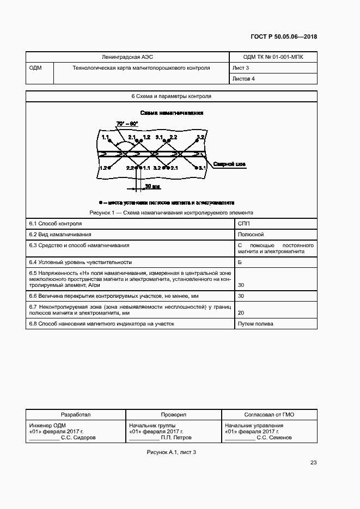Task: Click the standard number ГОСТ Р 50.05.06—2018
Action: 284,37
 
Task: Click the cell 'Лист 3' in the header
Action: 241,68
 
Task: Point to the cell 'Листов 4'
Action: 243,79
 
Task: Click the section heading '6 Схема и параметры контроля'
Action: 171,96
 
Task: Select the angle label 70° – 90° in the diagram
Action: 127,124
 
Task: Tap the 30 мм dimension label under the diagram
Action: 152,186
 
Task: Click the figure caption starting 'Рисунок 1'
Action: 171,212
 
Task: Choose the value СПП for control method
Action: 244,223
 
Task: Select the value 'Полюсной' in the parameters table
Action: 251,234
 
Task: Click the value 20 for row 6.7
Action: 241,313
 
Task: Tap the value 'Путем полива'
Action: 255,324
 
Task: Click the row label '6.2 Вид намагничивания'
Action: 60,234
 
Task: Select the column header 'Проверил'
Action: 173,414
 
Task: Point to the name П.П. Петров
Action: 176,437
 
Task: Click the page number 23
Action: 313,463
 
